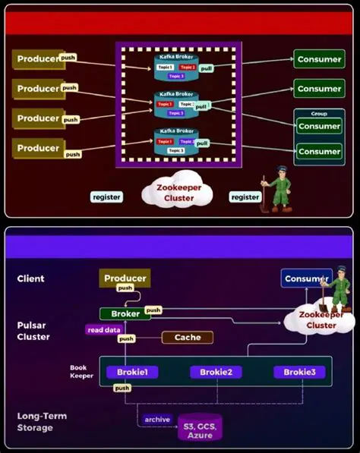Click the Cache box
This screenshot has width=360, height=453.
coord(187,337)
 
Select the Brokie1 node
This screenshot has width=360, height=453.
coord(131,372)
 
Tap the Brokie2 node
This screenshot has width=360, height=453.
coord(216,372)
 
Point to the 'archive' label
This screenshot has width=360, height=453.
coord(157,420)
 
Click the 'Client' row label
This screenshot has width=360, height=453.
coord(31,278)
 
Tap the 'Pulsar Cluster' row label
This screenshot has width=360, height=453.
coord(33,331)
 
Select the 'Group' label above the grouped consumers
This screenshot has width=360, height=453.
coord(319,114)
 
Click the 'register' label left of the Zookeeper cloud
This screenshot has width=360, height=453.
coord(106,197)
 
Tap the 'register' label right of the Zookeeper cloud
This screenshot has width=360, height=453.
coord(245,197)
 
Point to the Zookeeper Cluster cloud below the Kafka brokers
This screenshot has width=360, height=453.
coord(175,193)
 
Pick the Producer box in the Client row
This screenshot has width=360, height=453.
coord(125,278)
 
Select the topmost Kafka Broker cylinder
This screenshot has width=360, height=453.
coord(176,68)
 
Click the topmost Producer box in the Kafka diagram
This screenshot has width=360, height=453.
coord(37,59)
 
